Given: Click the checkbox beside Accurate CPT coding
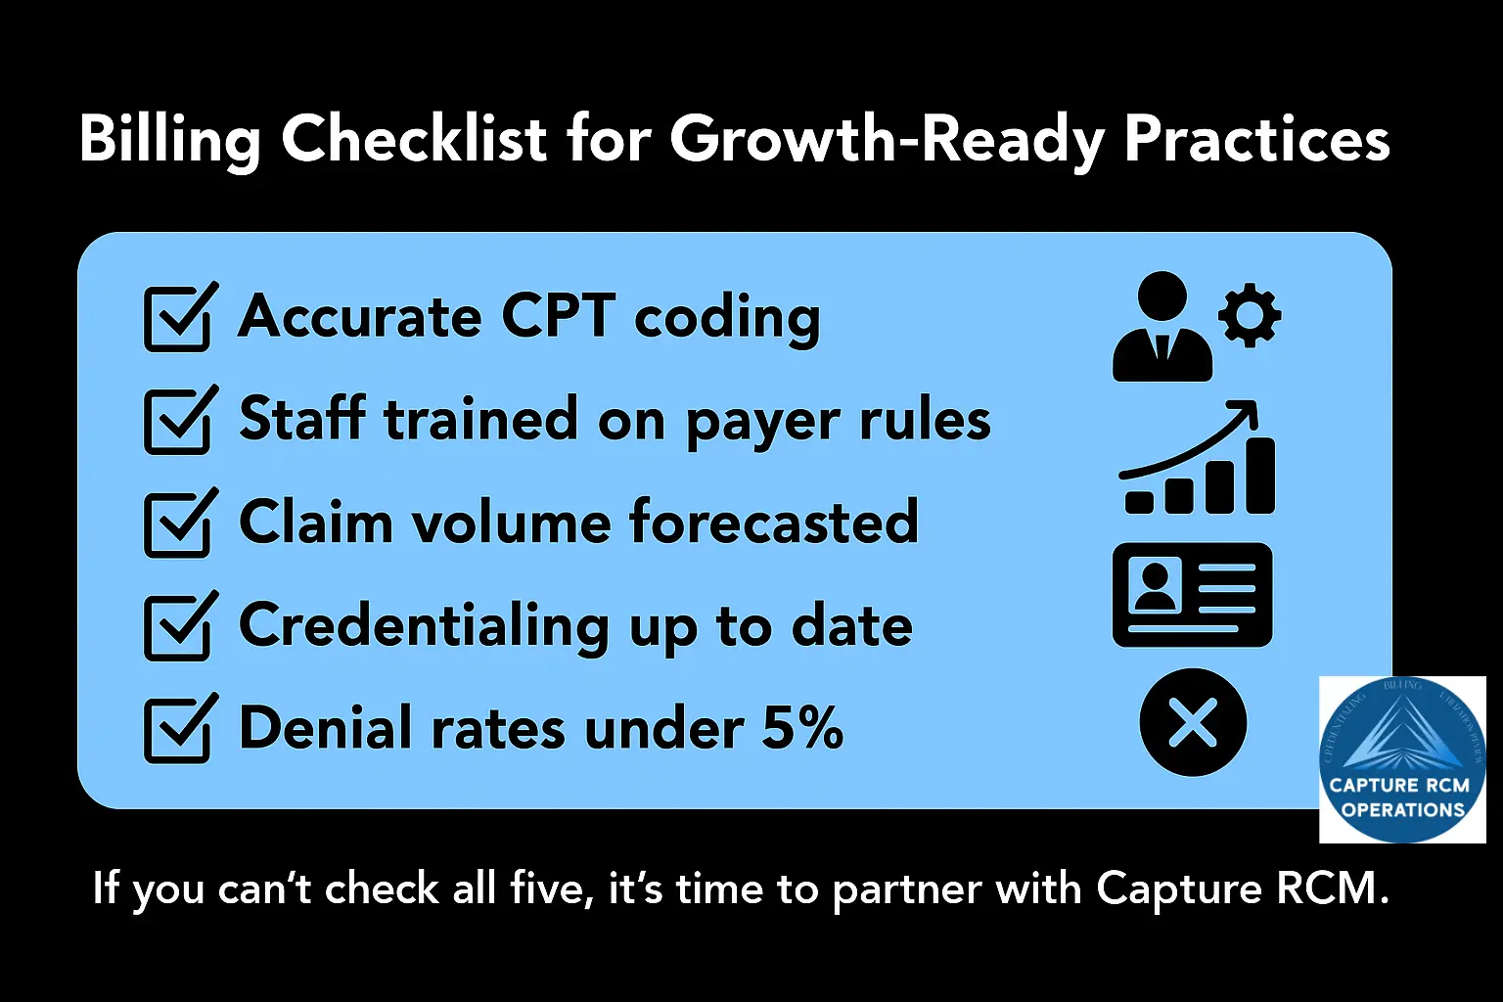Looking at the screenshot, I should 177,319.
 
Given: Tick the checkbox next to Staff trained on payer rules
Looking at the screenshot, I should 177,422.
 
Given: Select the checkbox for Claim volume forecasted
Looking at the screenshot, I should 177,524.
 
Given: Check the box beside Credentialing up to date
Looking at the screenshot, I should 177,627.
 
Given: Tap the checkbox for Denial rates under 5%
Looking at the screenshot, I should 177,730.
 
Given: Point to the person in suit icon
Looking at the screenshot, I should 1162,328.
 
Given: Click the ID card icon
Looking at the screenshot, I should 1192,595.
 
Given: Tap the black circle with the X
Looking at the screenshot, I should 1193,722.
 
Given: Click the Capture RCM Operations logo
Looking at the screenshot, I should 1402,759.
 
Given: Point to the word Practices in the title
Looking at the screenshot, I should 1256,140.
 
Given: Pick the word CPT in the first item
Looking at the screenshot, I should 558,317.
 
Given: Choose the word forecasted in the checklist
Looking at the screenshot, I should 773,523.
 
